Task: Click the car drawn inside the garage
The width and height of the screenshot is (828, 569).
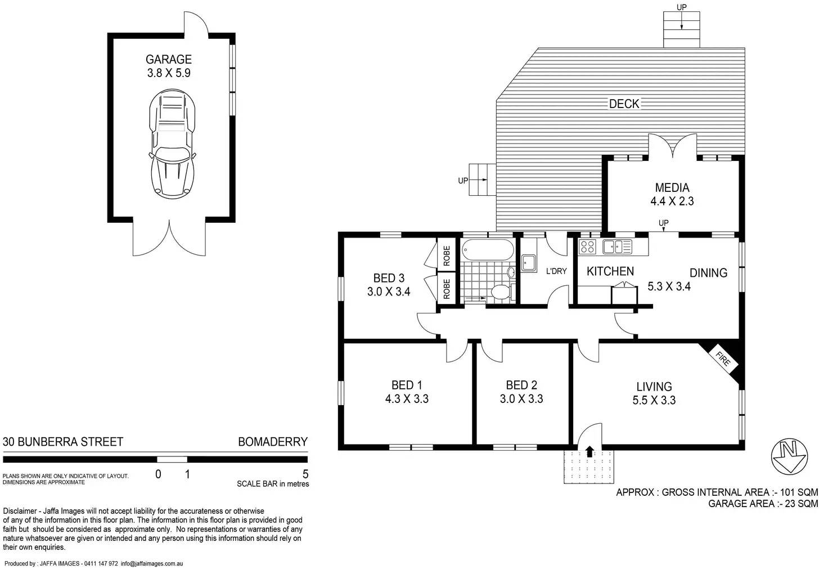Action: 172,144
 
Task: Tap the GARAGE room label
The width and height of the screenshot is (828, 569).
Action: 169,59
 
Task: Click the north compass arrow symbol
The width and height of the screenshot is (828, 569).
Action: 789,456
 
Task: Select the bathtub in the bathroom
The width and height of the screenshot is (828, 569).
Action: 488,250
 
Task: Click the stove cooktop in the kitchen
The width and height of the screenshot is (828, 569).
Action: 587,247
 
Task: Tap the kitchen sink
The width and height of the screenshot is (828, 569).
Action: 617,247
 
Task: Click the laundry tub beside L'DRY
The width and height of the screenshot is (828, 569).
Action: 529,263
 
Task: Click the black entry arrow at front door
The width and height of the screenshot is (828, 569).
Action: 589,452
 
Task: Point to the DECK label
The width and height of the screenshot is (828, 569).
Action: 624,104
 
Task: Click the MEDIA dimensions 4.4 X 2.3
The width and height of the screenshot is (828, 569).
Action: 672,201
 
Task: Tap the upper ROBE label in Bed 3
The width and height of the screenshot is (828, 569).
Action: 447,256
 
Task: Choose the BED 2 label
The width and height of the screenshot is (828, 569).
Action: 521,385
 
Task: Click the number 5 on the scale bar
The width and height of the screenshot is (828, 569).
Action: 305,474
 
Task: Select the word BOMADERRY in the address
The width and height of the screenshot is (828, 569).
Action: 273,442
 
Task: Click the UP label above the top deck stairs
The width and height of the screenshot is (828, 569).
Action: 681,7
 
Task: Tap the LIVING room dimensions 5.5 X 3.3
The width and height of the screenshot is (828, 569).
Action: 654,400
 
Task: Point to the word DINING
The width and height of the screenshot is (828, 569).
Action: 708,273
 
